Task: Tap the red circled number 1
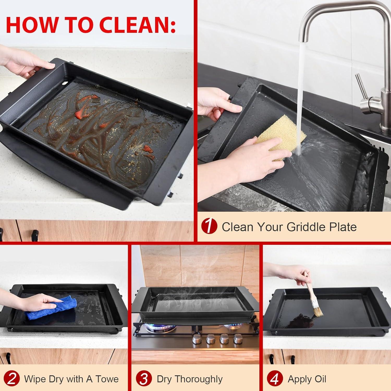(x=209, y=226)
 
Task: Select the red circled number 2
(x=12, y=379)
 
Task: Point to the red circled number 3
(x=144, y=379)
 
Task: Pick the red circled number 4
(x=275, y=379)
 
